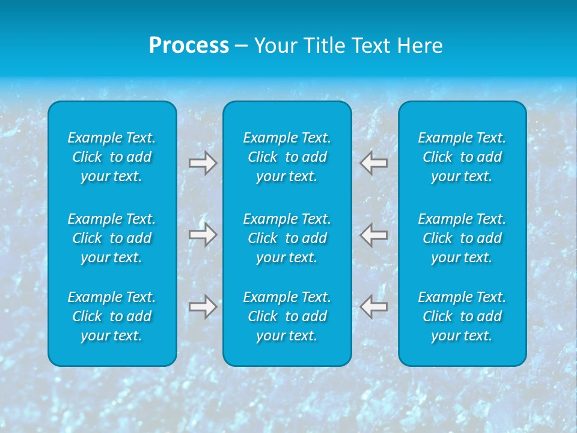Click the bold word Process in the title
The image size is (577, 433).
click(189, 46)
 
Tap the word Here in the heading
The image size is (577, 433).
click(420, 46)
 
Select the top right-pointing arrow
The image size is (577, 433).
click(203, 163)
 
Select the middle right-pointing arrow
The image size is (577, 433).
click(203, 235)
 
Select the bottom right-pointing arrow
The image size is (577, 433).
click(203, 307)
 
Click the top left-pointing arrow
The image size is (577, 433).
click(374, 163)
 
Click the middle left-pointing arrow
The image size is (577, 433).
click(374, 235)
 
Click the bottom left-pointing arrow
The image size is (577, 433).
click(374, 307)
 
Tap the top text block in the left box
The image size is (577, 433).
click(112, 157)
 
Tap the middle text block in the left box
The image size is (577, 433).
click(112, 238)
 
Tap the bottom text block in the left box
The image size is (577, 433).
click(112, 316)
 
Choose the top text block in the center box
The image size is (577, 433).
click(287, 157)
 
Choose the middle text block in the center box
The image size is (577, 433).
click(287, 238)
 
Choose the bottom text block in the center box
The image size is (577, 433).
click(287, 316)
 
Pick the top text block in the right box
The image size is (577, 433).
click(462, 157)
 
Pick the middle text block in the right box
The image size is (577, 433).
click(462, 238)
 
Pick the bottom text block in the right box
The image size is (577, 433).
click(462, 316)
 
